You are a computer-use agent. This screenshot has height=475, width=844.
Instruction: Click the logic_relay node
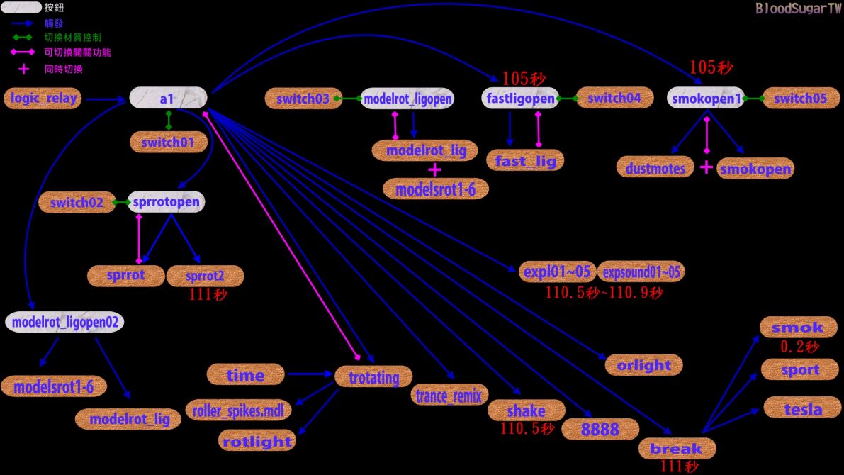(x=43, y=99)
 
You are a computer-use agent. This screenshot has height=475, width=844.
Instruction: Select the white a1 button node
(x=168, y=98)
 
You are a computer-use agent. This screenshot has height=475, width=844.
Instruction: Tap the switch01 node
(x=169, y=142)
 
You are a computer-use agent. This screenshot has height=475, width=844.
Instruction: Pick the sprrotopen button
(x=166, y=202)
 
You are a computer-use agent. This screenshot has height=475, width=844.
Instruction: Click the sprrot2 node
(x=205, y=276)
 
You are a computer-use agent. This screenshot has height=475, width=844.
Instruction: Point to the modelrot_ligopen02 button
(x=64, y=322)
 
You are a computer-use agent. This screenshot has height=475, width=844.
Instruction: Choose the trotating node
(x=373, y=377)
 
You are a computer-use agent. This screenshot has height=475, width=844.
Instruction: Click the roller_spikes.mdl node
(x=238, y=410)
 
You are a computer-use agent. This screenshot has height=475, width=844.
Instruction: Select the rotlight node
(x=257, y=440)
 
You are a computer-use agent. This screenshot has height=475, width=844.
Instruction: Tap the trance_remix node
(x=449, y=396)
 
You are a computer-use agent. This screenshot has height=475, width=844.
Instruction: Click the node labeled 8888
(x=600, y=430)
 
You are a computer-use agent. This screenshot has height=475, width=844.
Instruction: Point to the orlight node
(x=643, y=365)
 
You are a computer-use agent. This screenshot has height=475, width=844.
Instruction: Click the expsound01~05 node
(x=641, y=272)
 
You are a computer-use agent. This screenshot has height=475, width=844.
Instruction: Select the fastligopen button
(x=520, y=98)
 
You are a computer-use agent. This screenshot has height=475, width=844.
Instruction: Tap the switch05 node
(x=801, y=98)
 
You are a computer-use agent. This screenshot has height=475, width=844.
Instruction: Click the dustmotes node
(x=655, y=167)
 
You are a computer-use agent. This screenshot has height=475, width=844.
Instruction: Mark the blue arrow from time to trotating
(x=310, y=373)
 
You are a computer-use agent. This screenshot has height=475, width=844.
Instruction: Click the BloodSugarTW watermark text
(x=798, y=8)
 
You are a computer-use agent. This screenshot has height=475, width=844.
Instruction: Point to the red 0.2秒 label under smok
(x=800, y=346)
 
